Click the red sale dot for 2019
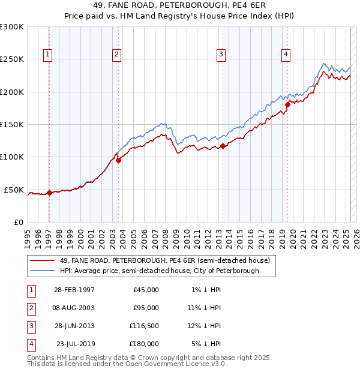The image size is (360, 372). click(287, 105)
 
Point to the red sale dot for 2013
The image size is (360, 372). click(223, 146)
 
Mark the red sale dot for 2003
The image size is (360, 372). click(118, 160)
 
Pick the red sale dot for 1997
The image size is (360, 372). click(49, 193)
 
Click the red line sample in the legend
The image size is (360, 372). click(42, 261)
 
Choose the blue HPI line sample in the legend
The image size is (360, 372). click(42, 271)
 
